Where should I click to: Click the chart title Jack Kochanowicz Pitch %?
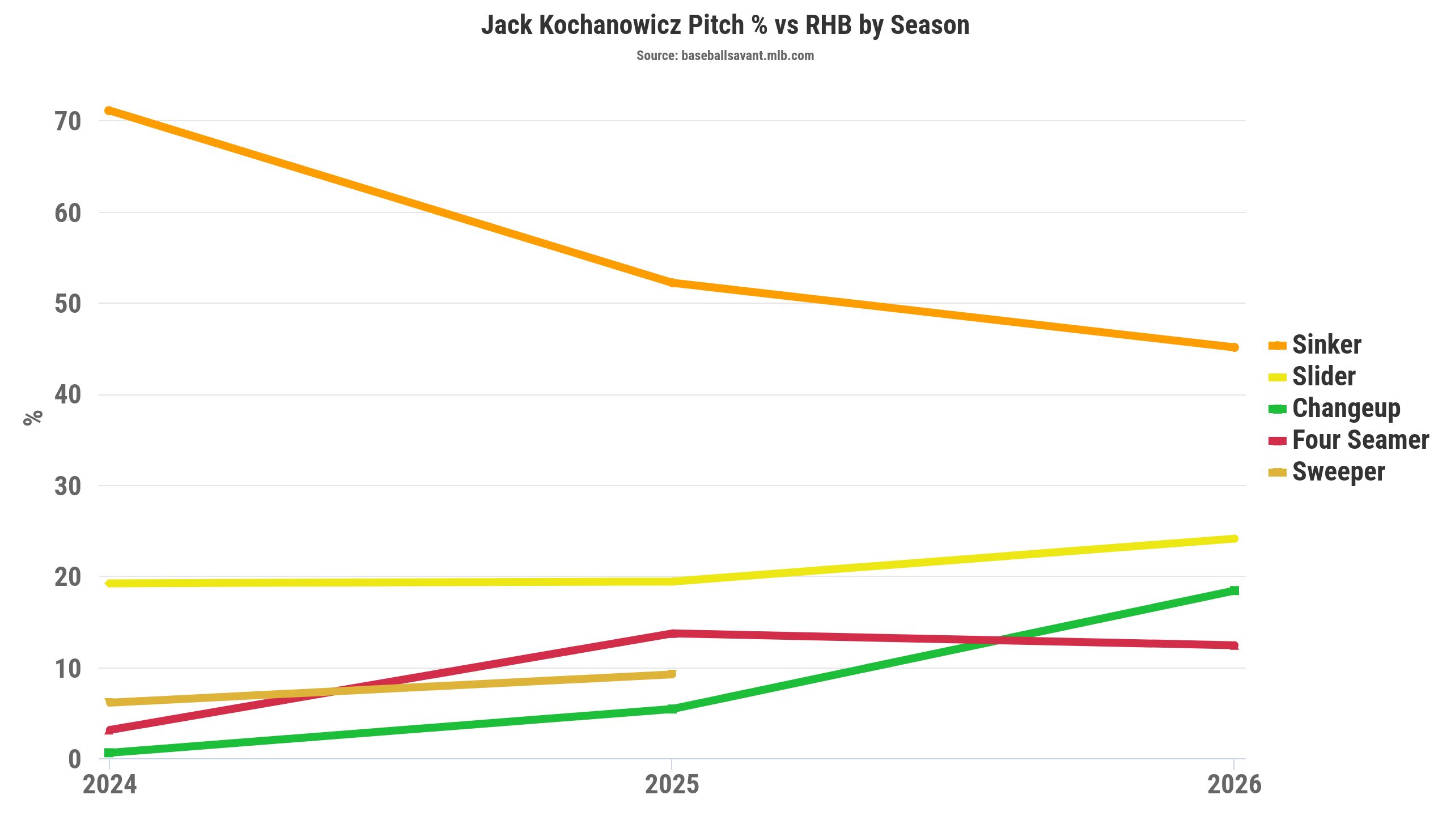tap(725, 25)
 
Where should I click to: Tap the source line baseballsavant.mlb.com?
tap(725, 56)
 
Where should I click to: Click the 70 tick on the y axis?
tap(68, 121)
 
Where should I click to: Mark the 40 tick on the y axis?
tap(68, 395)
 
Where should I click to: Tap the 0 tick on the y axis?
tap(74, 759)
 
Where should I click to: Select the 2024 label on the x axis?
tap(109, 785)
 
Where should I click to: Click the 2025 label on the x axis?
tap(672, 785)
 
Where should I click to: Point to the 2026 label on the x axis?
tap(1234, 785)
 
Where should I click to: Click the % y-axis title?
tap(33, 418)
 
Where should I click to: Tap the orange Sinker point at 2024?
tap(109, 110)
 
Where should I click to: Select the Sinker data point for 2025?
tap(672, 282)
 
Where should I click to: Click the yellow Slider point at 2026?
tap(1234, 538)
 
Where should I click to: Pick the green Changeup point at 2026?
tap(1234, 590)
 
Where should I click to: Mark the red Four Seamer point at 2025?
tap(672, 634)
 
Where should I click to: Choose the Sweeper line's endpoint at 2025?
tap(672, 674)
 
